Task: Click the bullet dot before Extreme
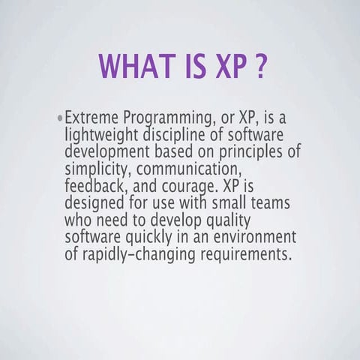point(59,119)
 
